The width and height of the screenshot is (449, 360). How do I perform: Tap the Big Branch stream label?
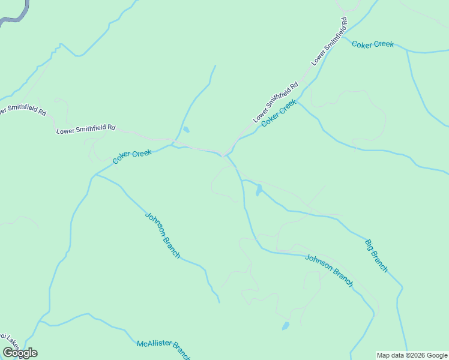click(376, 256)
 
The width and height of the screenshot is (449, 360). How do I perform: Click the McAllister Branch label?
click(163, 346)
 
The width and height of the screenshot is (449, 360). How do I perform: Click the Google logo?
click(20, 353)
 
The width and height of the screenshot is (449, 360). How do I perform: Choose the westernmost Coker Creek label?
click(132, 157)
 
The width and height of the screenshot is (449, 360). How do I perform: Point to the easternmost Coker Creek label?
click(373, 44)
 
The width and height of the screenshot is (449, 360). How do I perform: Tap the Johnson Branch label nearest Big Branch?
click(329, 271)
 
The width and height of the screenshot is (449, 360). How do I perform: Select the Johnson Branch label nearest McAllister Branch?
click(163, 235)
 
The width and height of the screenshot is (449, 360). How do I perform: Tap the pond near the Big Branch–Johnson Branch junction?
click(259, 191)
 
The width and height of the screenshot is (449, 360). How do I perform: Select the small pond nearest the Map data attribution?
click(285, 326)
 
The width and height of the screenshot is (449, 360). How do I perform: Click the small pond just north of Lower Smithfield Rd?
click(186, 130)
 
